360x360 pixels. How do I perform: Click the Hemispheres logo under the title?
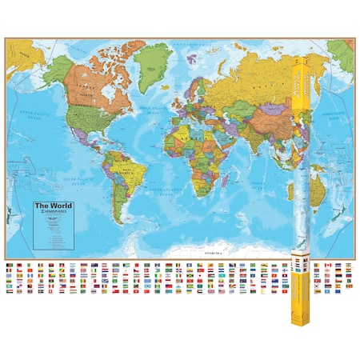(x=49, y=214)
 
